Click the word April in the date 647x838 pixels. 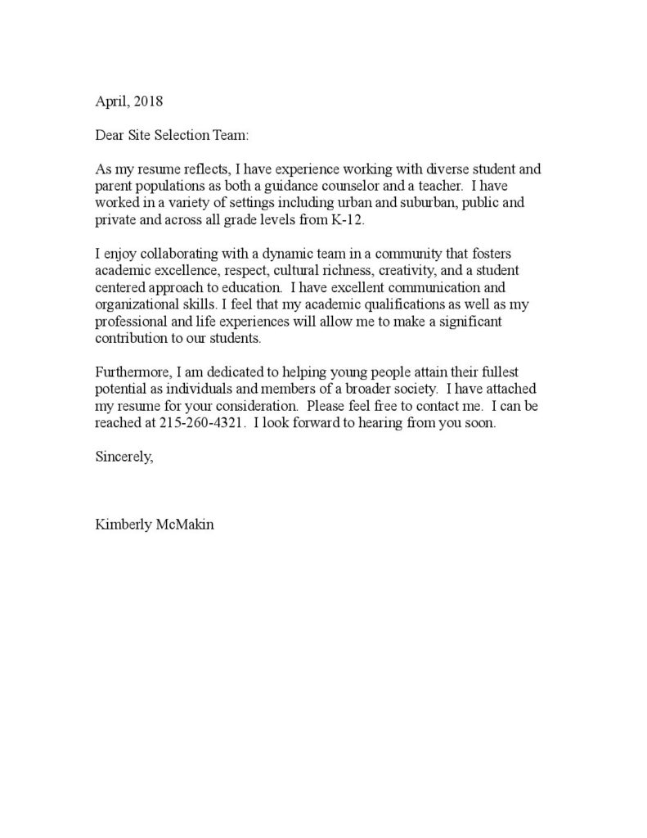tap(111, 102)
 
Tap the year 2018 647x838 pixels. tap(149, 102)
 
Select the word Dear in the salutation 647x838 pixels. tap(110, 135)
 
